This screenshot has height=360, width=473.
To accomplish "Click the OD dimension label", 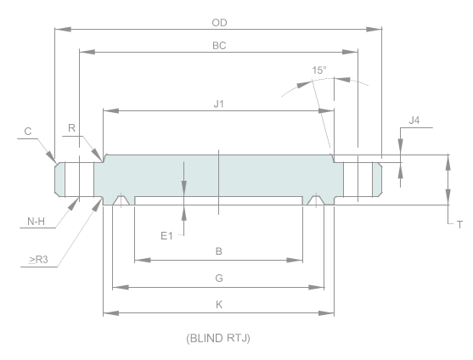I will [x=218, y=22].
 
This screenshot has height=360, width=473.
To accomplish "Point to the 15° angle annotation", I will [x=318, y=69].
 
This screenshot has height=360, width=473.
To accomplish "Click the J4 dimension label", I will [x=414, y=121].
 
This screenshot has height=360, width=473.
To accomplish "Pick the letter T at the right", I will [x=459, y=225].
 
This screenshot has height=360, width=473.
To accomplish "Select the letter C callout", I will [x=28, y=131].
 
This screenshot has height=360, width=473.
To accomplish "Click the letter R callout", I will [x=72, y=128].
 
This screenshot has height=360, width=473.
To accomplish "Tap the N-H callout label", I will [x=36, y=222].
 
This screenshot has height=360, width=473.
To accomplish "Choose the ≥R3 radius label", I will [x=36, y=259].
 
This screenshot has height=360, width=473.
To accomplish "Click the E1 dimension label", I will [x=167, y=235].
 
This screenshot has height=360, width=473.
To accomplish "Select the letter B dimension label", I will [x=218, y=251].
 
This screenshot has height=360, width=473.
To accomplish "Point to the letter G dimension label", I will [x=218, y=277].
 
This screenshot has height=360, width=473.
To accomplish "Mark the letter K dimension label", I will [x=218, y=303].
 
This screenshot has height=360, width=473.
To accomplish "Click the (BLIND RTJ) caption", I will [x=218, y=338].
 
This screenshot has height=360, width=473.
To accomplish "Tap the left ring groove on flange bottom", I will [x=122, y=200].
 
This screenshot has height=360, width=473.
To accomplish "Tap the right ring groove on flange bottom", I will [x=315, y=200].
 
